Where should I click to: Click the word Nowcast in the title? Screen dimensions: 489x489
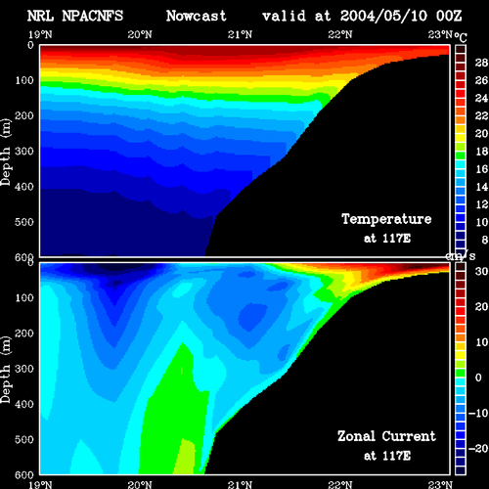pos(197,16)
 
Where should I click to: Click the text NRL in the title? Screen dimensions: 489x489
pos(40,16)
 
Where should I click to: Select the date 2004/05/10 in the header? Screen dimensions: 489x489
pos(383,16)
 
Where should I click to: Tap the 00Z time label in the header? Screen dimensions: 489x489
pos(449,16)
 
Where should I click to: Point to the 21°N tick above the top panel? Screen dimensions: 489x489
pos(240,34)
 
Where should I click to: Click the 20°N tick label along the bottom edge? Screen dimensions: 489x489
pos(140,485)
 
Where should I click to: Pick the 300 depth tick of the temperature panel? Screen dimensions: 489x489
pos(24,152)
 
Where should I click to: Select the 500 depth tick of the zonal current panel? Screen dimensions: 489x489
pos(24,439)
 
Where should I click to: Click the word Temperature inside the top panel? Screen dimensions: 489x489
pos(386,219)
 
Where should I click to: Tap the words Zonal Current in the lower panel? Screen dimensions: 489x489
pos(386,436)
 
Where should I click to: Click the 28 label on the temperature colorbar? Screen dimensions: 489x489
pos(481,63)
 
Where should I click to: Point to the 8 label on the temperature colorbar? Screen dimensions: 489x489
pos(485,240)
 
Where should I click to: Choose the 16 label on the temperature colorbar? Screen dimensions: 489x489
pos(481,169)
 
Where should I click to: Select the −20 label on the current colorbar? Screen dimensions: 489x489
pos(478,449)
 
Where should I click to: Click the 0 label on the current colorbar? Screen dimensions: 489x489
pos(478,378)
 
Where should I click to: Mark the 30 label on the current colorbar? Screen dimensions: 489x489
pos(481,271)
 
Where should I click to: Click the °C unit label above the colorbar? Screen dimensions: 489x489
pos(461,37)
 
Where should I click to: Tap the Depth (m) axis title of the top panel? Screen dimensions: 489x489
pos(6,153)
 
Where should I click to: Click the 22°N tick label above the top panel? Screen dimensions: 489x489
pos(340,34)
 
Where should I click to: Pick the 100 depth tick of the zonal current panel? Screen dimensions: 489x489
pos(24,297)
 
